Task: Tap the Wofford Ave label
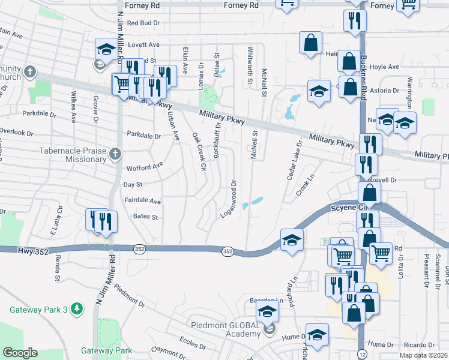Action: [144, 165]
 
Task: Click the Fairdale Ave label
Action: [143, 201]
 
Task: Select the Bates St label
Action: [145, 217]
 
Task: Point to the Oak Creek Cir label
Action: [199, 152]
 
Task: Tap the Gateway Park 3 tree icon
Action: [76, 309]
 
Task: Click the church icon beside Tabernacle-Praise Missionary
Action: [115, 154]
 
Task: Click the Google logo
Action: [20, 353]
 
